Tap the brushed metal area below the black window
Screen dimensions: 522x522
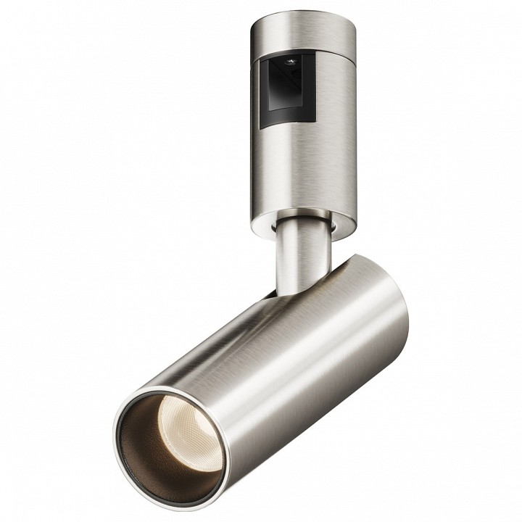(x=290, y=167)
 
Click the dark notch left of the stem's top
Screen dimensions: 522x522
(x=273, y=226)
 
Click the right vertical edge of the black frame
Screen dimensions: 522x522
(x=315, y=87)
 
